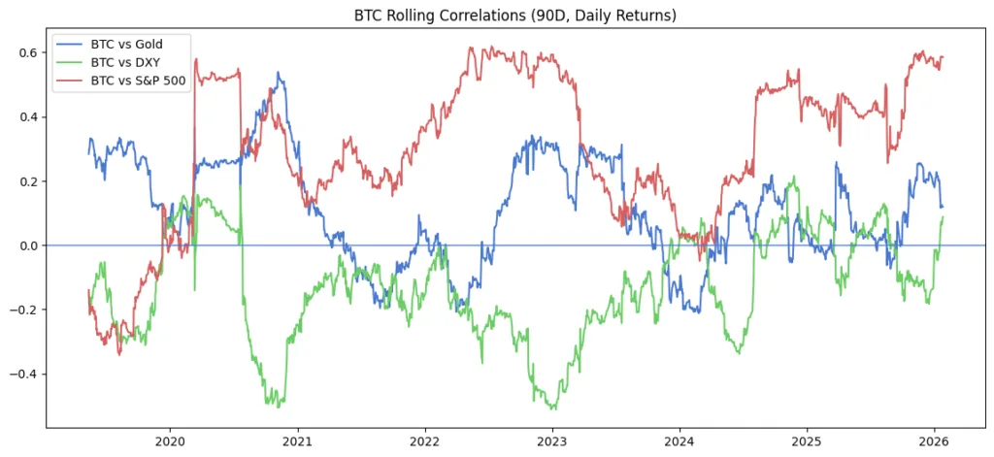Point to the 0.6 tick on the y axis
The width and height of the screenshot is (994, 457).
(x=28, y=52)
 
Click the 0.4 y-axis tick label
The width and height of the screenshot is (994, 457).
(x=28, y=116)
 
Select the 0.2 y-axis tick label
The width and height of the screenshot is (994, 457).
(x=28, y=181)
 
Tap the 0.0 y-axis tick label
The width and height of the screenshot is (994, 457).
(x=28, y=245)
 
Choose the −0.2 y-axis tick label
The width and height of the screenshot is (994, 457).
(x=24, y=310)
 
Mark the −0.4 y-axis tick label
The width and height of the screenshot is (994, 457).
(x=24, y=375)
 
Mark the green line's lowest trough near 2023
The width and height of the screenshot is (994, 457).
(x=551, y=408)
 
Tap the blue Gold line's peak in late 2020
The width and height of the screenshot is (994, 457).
(x=279, y=72)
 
